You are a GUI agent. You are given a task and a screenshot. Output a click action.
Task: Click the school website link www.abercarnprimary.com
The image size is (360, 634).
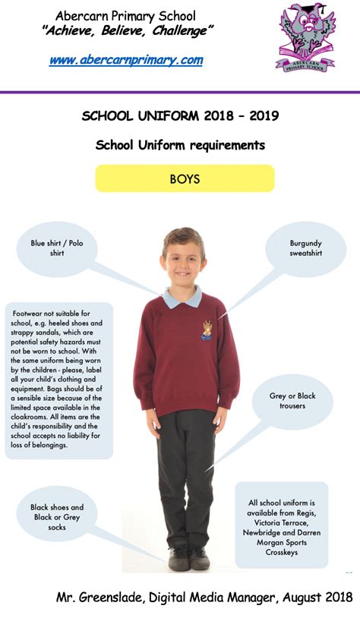(x=125, y=61)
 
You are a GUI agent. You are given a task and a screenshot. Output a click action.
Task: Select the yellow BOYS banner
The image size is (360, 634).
(x=185, y=179)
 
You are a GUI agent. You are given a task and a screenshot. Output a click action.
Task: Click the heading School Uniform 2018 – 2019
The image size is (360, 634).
(x=180, y=115)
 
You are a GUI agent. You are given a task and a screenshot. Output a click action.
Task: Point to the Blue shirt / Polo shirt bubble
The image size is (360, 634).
(x=58, y=248)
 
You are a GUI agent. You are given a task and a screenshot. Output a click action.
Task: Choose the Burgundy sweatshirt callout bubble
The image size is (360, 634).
(x=306, y=248)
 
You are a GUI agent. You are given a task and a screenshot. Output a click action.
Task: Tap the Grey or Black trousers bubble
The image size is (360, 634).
(x=292, y=401)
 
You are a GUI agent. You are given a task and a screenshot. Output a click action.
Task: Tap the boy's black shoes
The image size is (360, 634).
(x=189, y=557)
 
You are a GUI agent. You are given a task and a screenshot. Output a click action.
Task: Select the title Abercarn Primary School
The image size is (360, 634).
(x=125, y=15)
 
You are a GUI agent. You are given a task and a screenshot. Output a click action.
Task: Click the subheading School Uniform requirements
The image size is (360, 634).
(x=180, y=145)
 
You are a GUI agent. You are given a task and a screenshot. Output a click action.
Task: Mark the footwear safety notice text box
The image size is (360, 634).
(x=58, y=379)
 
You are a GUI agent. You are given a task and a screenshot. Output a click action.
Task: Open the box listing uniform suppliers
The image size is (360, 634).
(x=281, y=524)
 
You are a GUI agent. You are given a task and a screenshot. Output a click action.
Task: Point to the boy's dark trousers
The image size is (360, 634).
(x=185, y=471)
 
